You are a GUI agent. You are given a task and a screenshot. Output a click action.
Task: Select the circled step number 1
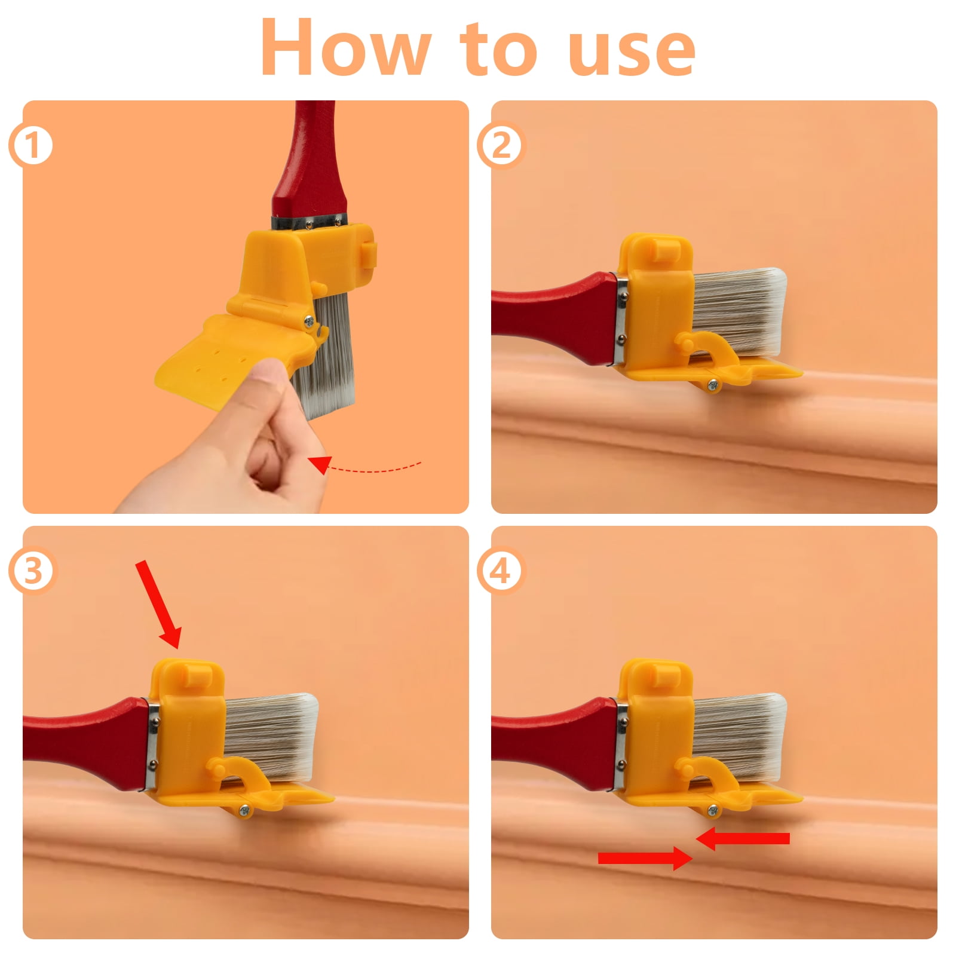[x=31, y=146]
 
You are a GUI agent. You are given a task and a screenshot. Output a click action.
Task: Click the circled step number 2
[x=501, y=146]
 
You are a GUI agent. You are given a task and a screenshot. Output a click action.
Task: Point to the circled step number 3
[x=31, y=571]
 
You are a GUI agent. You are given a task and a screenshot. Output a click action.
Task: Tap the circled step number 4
[x=501, y=571]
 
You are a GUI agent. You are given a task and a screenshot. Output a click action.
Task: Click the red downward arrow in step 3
[x=158, y=604]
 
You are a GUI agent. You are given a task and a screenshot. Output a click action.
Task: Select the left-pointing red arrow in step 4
[x=743, y=839]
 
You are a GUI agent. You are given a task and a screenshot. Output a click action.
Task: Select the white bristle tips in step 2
[x=777, y=311]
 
